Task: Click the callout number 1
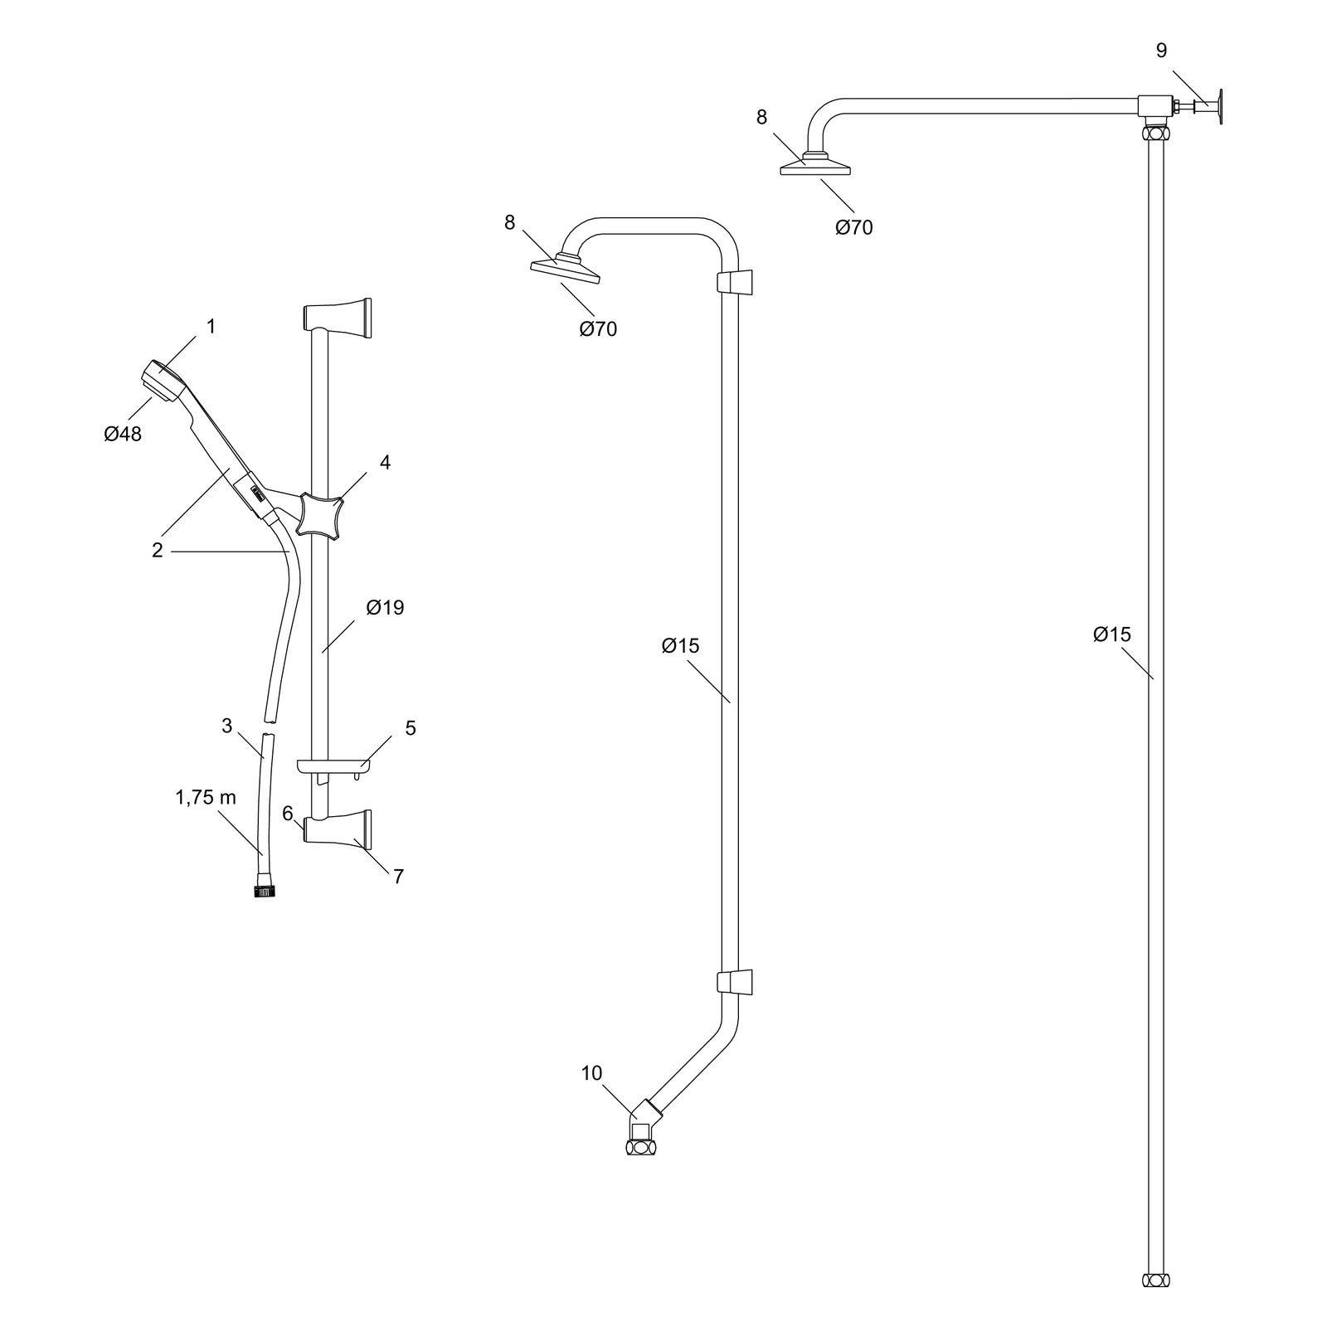click(211, 327)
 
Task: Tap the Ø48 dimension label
click(123, 433)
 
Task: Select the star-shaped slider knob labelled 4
click(320, 514)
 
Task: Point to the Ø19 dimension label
click(386, 608)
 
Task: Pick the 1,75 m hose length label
click(206, 798)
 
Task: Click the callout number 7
click(398, 876)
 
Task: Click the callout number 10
click(591, 1073)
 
